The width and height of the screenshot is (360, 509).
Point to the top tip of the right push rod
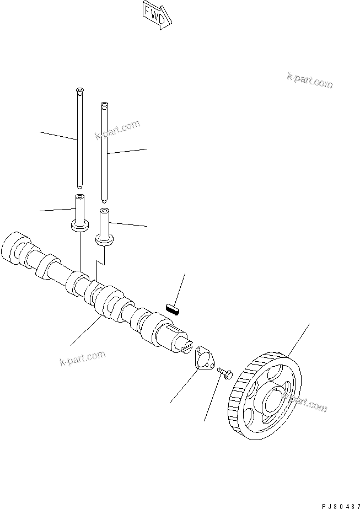[x=103, y=104]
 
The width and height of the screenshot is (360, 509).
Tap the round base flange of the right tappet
[x=105, y=239]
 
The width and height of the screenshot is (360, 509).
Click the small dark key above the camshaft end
[x=174, y=306]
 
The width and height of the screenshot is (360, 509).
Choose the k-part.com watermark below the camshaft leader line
[x=82, y=358]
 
